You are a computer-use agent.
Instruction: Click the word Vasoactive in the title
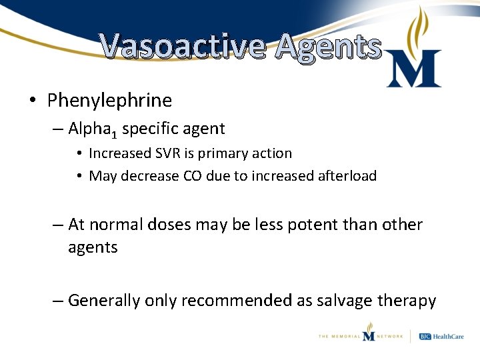182,47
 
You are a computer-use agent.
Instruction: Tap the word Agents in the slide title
329,47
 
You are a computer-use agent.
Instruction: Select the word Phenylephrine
109,101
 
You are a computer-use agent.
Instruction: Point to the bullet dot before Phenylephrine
33,101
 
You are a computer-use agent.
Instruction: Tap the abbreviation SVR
170,153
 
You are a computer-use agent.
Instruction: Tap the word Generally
103,301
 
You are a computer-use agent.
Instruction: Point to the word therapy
407,301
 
